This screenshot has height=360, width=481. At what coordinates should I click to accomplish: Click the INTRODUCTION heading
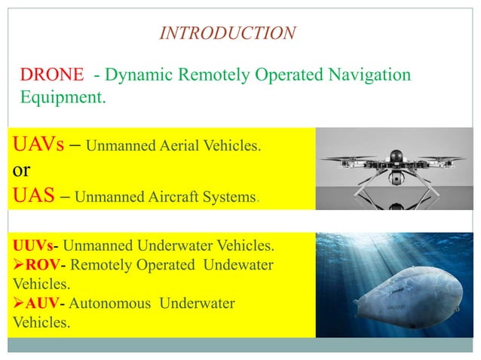(x=228, y=33)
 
